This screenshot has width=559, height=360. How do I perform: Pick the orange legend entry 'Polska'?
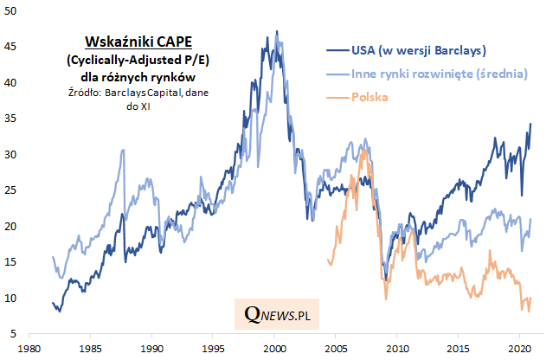click(369, 98)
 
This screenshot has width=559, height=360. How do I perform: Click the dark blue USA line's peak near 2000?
click(276, 32)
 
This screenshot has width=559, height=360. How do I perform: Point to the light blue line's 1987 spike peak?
click(122, 150)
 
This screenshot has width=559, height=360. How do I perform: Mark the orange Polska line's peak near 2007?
click(367, 149)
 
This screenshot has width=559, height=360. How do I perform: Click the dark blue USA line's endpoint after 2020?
click(530, 124)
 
